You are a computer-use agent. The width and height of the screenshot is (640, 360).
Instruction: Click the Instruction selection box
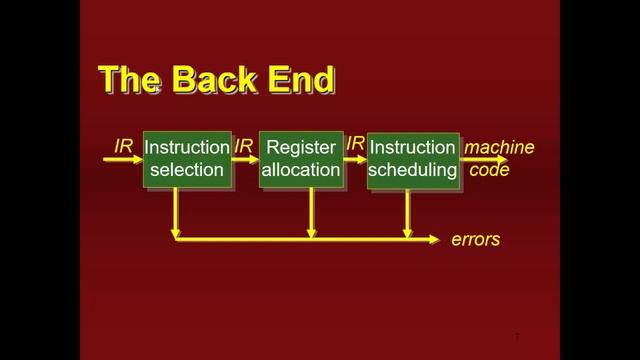[186, 159]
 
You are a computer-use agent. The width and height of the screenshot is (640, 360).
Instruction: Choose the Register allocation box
[301, 159]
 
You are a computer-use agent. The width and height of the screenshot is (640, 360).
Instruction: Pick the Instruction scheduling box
[413, 159]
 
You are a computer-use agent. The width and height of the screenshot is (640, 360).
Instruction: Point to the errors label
[475, 240]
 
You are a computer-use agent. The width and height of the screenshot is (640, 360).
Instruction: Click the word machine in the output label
[499, 148]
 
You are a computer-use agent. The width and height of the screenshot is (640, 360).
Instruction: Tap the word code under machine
[490, 170]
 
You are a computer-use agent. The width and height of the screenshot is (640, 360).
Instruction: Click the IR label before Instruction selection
[123, 146]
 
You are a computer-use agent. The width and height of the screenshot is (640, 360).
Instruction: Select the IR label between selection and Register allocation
[243, 147]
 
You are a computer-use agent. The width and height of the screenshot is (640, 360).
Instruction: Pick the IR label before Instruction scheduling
[355, 145]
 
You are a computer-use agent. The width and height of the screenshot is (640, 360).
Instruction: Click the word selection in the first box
[186, 170]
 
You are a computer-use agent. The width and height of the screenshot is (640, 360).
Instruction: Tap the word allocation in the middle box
[301, 170]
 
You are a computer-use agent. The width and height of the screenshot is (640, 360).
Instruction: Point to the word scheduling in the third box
[413, 170]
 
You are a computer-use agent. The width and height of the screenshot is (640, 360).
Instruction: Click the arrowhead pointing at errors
[434, 239]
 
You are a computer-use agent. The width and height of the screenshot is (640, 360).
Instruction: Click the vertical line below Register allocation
[312, 213]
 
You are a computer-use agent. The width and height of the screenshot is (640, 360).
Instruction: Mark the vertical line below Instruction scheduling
[407, 213]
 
